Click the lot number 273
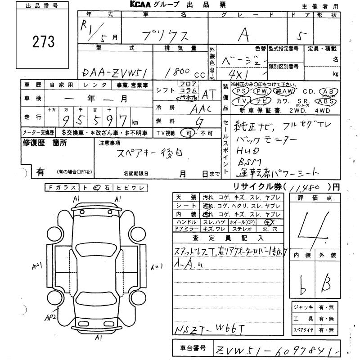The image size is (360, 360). pos(43,42)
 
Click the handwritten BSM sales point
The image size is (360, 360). pos(247,162)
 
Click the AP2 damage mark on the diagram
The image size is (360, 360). pos(50,317)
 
